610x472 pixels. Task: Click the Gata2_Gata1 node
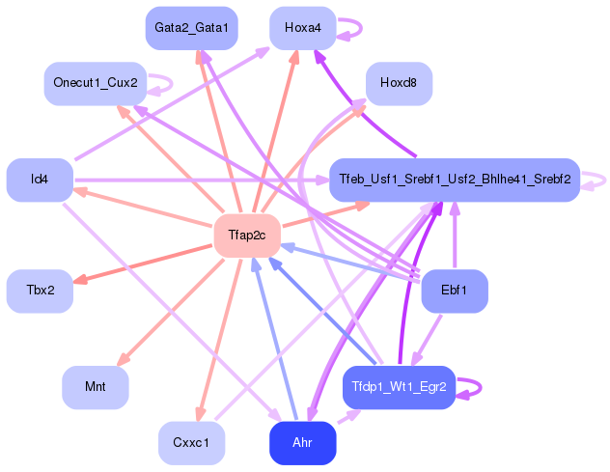click(x=191, y=28)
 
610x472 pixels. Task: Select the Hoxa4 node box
click(x=302, y=28)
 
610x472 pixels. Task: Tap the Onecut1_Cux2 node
click(x=95, y=84)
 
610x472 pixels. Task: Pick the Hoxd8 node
click(x=399, y=84)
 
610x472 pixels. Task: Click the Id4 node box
click(x=40, y=180)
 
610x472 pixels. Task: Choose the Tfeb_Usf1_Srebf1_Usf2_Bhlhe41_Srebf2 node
click(x=454, y=180)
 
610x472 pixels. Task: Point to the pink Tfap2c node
click(x=246, y=236)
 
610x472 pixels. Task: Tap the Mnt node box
click(x=95, y=387)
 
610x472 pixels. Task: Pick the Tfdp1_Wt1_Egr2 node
click(x=399, y=387)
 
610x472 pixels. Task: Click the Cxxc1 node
click(x=191, y=443)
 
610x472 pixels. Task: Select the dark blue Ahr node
click(x=302, y=443)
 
